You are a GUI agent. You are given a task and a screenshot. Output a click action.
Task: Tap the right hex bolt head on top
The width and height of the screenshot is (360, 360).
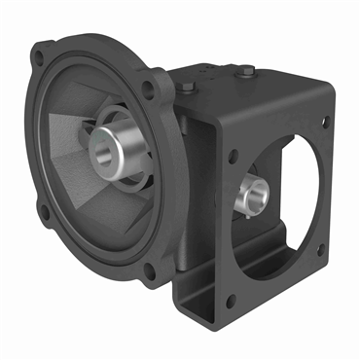pyautogui.click(x=246, y=70)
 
